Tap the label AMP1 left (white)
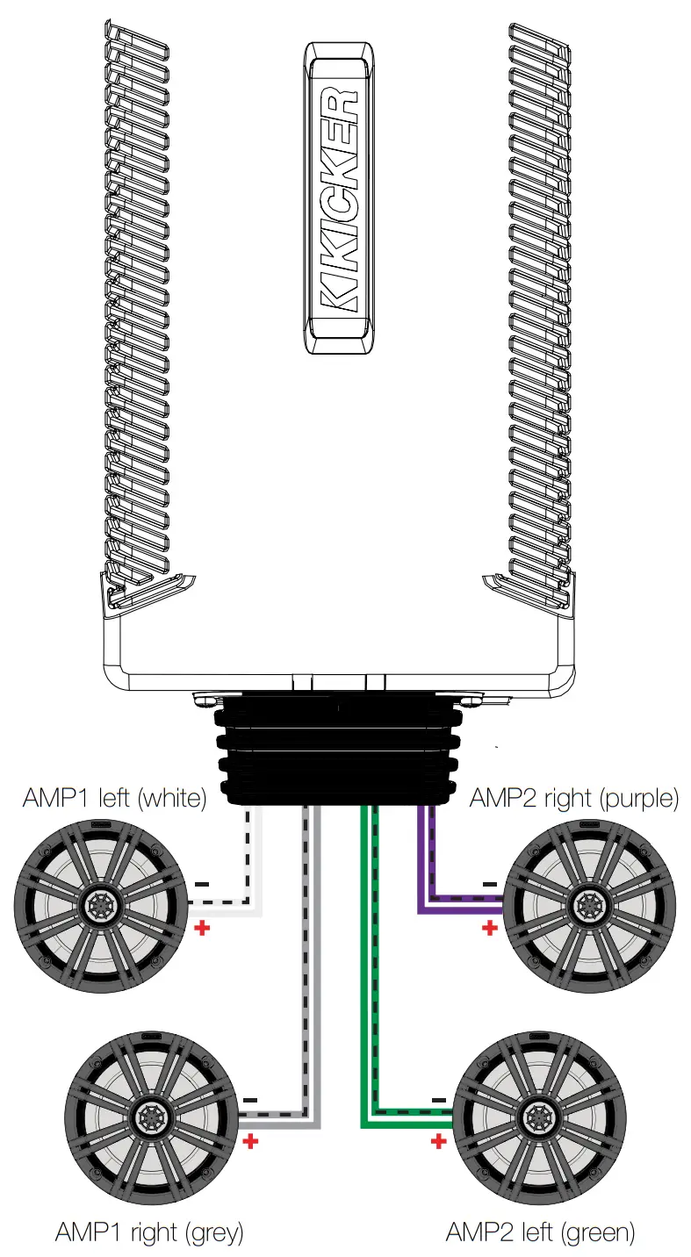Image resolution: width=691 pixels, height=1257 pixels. click(114, 798)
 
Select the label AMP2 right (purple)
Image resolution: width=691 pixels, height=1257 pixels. click(574, 798)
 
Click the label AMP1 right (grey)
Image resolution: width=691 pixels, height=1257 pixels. click(148, 1232)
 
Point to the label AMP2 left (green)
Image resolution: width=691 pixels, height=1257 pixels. click(539, 1232)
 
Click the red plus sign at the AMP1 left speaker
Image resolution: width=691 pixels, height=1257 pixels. click(202, 928)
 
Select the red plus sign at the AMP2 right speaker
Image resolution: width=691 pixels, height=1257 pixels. click(489, 928)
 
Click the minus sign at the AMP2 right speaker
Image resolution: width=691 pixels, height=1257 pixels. click(489, 884)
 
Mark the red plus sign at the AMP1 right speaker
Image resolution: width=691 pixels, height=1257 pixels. click(251, 1141)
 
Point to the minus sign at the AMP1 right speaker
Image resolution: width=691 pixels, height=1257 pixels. click(251, 1099)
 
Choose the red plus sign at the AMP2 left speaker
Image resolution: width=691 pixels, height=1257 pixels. click(437, 1141)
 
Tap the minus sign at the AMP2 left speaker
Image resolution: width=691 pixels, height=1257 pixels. click(438, 1099)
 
